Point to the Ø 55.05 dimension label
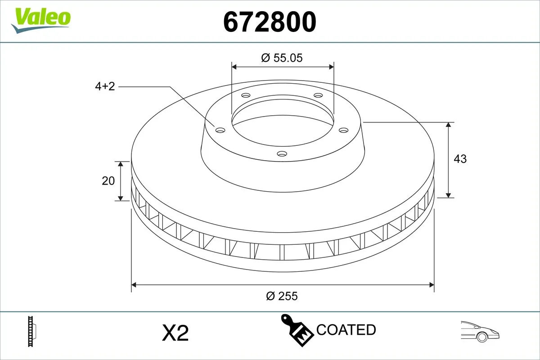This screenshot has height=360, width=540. click(282, 58)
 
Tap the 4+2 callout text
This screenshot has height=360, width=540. click(105, 86)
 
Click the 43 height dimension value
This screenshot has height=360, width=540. click(460, 159)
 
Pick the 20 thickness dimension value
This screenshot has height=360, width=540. click(108, 180)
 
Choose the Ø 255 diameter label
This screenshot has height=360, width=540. click(282, 296)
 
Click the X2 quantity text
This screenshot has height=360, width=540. click(175, 333)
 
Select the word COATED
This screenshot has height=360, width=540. click(346, 330)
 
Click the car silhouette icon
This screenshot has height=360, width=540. click(480, 331)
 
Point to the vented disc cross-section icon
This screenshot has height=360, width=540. click(31, 331)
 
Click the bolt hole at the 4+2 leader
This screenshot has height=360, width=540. click(220, 130)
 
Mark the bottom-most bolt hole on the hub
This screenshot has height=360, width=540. click(282, 154)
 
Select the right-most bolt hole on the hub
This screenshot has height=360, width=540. click(344, 130)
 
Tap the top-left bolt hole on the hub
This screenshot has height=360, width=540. click(245, 95)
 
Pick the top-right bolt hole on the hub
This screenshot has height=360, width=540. click(318, 95)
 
